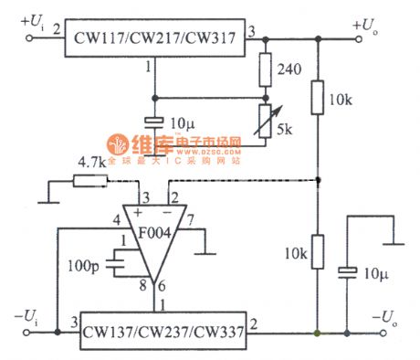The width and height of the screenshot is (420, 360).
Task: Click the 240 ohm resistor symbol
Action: [266, 69]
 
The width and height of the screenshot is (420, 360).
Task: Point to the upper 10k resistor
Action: [318, 98]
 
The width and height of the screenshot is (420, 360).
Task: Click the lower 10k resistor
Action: [318, 251]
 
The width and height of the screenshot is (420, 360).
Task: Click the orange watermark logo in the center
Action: [120, 145]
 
